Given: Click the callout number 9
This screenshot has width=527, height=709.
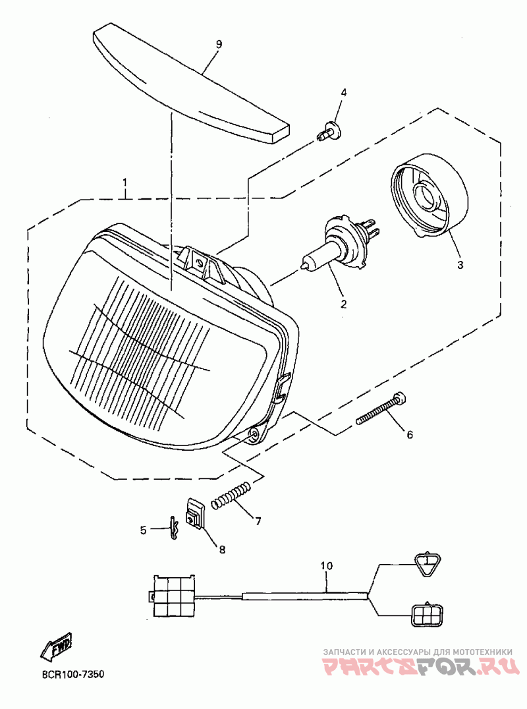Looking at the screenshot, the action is (219, 44).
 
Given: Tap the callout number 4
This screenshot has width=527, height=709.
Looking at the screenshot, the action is (343, 92).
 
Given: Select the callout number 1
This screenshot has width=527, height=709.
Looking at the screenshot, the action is (125, 183).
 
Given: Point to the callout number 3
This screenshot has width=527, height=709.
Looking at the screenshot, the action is (460, 265).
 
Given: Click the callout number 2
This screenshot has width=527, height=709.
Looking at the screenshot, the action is (343, 304).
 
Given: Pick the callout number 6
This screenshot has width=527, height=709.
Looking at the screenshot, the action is (409, 435).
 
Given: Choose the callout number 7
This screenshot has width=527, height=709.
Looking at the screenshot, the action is (258, 521).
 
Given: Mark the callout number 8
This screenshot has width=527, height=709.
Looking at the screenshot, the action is (221, 550).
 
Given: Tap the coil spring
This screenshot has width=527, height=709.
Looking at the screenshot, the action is (231, 495).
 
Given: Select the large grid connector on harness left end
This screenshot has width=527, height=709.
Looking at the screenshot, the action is (175, 596).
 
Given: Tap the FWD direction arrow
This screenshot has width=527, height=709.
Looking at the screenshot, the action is (57, 647).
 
